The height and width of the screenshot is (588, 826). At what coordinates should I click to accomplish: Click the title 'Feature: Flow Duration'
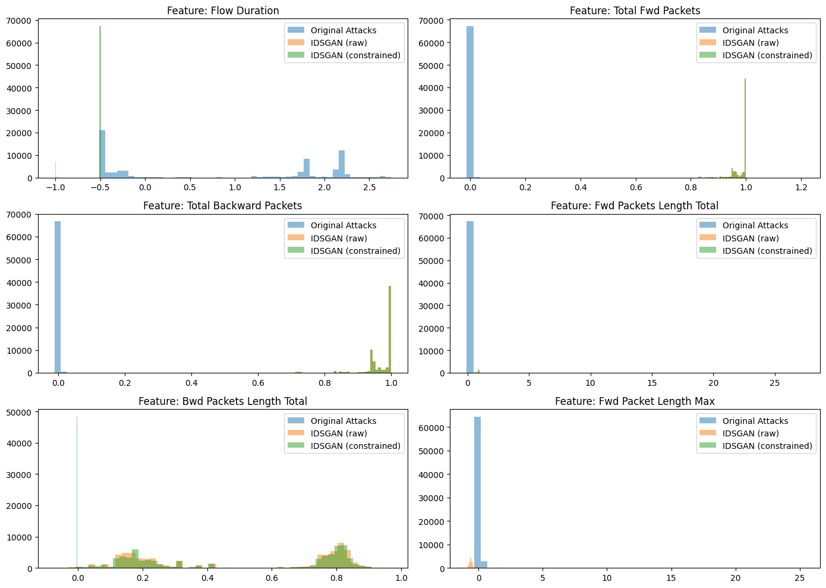[223, 11]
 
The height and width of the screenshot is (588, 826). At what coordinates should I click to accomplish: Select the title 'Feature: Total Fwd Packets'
[635, 11]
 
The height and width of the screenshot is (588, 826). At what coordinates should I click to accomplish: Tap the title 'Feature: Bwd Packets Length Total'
[223, 401]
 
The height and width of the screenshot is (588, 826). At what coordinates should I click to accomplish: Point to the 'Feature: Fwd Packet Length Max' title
[635, 401]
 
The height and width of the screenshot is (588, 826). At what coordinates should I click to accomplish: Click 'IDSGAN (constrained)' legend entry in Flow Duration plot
[355, 55]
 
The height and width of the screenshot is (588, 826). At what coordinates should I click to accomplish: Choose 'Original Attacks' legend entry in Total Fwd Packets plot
[755, 30]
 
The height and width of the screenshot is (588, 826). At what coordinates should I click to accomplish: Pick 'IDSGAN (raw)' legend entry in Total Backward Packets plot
[339, 238]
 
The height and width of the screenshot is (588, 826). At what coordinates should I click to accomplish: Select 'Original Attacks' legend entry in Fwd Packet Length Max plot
[755, 421]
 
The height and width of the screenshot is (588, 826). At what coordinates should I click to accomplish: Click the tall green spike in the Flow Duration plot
[100, 101]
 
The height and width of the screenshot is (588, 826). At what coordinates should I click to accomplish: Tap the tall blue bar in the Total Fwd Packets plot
[470, 101]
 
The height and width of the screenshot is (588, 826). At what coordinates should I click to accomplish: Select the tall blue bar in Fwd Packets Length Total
[470, 297]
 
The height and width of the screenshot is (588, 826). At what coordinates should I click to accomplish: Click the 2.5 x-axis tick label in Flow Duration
[369, 187]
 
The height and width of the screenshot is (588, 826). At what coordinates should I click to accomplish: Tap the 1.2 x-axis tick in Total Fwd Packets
[801, 187]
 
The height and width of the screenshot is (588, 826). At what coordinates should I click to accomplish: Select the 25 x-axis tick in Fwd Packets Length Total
[775, 382]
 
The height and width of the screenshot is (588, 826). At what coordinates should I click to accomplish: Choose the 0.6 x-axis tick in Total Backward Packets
[258, 382]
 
